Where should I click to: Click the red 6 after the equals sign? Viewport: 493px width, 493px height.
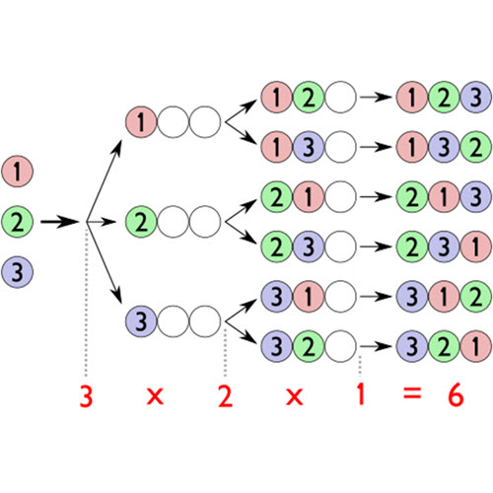tap(456, 394)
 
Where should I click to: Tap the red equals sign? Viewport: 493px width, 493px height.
tap(412, 393)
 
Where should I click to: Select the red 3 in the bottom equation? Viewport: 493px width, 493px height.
tap(86, 395)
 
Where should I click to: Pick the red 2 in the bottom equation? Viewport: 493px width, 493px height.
tap(226, 396)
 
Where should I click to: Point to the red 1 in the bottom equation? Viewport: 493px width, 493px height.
tap(361, 394)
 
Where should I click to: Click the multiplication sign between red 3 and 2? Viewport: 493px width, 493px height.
tap(155, 396)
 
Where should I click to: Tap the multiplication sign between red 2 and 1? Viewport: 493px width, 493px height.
tap(295, 396)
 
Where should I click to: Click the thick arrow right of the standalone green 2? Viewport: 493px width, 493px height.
tap(60, 222)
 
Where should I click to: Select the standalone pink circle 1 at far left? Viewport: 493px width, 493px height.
tap(18, 172)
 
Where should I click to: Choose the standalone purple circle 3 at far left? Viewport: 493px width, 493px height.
tap(18, 272)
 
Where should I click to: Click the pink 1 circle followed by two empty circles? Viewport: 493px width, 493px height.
tap(141, 122)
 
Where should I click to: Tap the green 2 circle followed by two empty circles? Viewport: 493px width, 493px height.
tap(141, 222)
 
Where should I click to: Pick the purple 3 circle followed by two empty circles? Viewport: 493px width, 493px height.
tap(141, 321)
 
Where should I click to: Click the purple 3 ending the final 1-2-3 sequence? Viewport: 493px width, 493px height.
tap(476, 98)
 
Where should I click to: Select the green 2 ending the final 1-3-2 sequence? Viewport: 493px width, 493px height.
tap(476, 147)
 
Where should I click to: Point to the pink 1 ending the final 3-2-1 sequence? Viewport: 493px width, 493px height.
tap(476, 346)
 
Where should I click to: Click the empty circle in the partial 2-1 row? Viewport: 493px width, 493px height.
tap(340, 197)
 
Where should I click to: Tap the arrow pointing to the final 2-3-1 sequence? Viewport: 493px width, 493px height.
tap(376, 246)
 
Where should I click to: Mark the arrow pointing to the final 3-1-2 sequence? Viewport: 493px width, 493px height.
tap(376, 297)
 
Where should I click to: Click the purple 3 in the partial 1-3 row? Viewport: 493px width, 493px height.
tap(309, 147)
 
